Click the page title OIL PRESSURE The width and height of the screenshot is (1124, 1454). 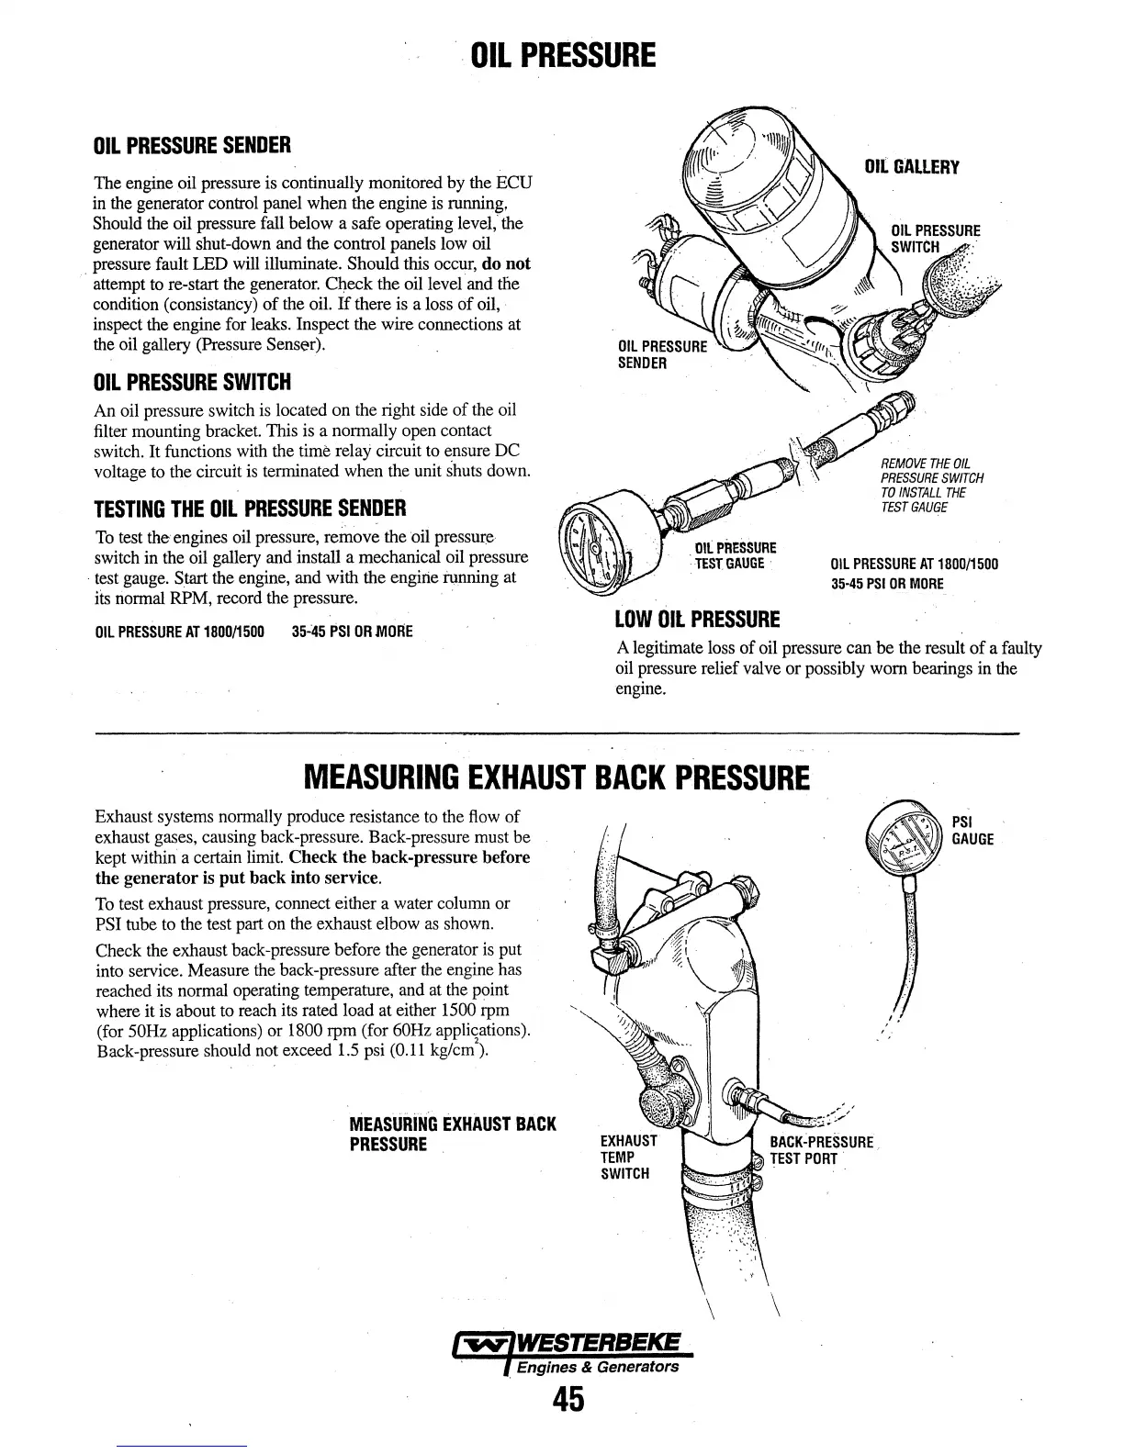[x=563, y=55]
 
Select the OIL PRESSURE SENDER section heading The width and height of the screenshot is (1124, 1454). [x=193, y=145]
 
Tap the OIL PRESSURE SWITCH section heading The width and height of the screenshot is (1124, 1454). [x=193, y=382]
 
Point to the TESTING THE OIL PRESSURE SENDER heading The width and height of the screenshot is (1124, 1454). [x=251, y=508]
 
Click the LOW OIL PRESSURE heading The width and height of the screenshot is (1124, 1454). [x=697, y=620]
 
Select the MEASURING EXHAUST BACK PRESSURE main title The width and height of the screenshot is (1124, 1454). [x=556, y=779]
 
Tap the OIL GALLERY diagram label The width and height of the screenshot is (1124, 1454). [x=912, y=167]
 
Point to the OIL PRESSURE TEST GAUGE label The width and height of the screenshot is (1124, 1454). [x=735, y=555]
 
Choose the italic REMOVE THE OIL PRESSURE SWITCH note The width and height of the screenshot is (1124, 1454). [x=931, y=485]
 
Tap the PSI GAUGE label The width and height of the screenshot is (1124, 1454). [x=972, y=830]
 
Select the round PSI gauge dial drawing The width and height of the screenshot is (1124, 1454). [x=908, y=836]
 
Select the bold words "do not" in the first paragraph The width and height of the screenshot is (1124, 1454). [x=505, y=263]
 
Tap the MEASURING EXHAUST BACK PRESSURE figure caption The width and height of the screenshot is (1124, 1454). [x=453, y=1134]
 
